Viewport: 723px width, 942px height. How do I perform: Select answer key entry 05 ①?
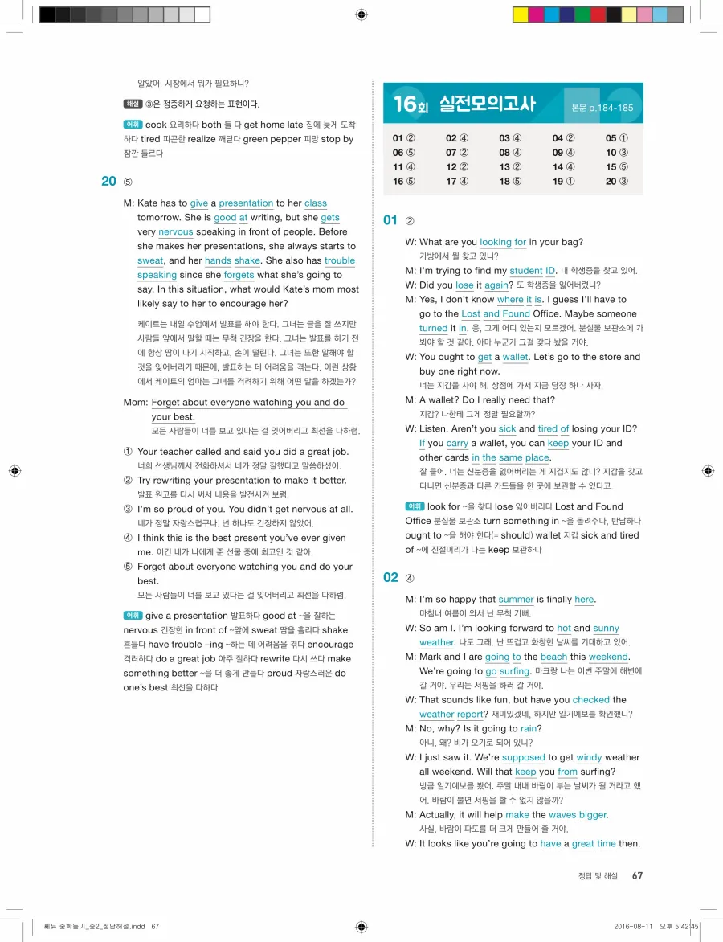pos(617,138)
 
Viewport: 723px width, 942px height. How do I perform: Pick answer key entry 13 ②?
pos(510,167)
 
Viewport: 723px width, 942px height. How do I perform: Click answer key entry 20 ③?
pos(617,182)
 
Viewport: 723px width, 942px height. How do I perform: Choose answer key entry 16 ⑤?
pos(403,182)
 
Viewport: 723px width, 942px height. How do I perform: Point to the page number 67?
pos(637,875)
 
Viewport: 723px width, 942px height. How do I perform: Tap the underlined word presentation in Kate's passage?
pos(246,204)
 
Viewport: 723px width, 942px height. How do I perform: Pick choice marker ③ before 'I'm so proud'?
pos(128,510)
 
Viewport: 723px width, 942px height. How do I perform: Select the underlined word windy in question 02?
pos(588,757)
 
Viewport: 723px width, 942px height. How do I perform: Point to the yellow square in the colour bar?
pos(520,14)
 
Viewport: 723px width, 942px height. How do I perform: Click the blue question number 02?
pos(391,577)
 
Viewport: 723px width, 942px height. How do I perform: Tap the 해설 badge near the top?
pos(133,104)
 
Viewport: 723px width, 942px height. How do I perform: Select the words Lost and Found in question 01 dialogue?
pos(496,314)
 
